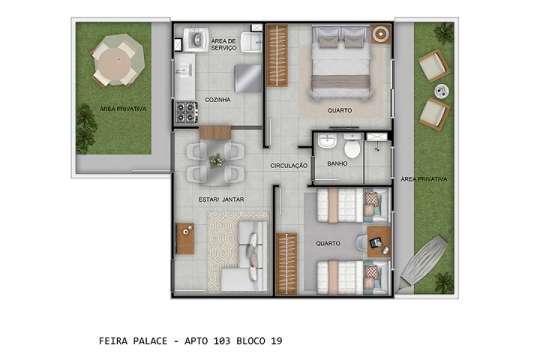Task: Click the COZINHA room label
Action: point(218,100)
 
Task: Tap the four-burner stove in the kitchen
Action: point(186,112)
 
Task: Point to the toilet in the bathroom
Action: point(353,148)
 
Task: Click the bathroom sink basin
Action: point(328,143)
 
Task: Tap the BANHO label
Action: point(338,163)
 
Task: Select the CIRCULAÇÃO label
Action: point(289,165)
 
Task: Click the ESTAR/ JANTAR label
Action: point(221,199)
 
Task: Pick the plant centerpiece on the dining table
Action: point(216,160)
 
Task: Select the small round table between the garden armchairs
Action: point(443,91)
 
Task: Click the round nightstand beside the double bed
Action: point(380,34)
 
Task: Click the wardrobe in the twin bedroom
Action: point(286,263)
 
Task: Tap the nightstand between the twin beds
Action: point(378,242)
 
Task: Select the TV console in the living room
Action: point(185,238)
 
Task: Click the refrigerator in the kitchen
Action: point(248,78)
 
